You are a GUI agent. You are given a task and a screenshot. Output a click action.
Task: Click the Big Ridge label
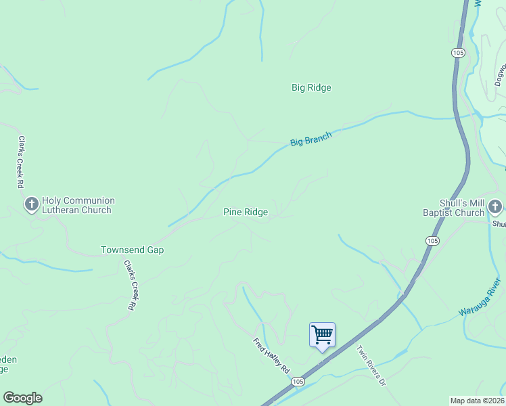click(311, 87)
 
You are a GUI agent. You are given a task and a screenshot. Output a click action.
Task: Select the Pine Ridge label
click(246, 212)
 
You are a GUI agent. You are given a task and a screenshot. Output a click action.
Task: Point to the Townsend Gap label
click(132, 250)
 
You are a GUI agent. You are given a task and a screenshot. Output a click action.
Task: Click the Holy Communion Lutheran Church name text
click(78, 205)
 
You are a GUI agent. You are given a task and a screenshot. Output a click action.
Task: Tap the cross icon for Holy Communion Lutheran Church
click(31, 204)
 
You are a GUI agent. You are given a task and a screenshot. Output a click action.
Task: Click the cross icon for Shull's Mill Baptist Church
click(495, 206)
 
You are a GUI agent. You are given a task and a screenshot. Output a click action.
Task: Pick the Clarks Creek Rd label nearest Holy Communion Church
click(21, 162)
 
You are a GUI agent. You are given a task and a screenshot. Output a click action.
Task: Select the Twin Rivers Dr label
click(371, 365)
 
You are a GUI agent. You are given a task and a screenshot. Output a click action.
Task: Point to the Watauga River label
click(480, 297)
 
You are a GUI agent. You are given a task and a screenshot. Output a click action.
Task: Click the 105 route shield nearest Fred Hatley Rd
click(298, 382)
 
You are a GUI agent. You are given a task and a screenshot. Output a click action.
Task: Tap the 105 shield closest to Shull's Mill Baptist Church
click(432, 241)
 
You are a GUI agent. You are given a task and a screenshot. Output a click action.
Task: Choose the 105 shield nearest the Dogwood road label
click(458, 52)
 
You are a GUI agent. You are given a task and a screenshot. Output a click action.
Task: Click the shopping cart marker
click(322, 334)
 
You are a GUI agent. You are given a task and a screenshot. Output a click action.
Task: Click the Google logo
click(22, 398)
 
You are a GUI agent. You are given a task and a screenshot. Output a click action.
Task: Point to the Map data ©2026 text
click(478, 401)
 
